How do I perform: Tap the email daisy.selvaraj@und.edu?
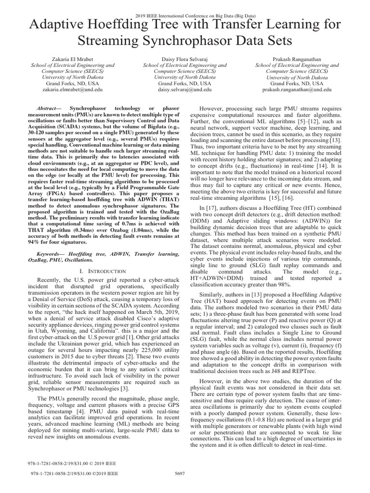(x=185, y=90)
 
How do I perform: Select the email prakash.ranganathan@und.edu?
(x=296, y=90)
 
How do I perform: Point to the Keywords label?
(x=52, y=253)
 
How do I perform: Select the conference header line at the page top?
(x=185, y=4)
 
